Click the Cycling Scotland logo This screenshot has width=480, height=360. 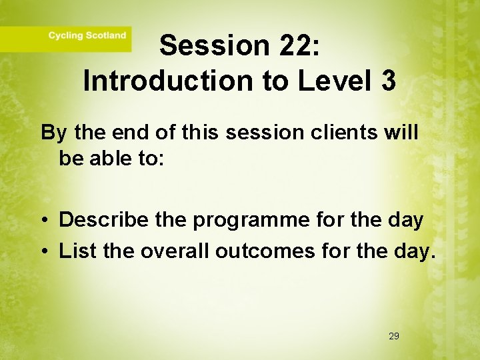click(87, 35)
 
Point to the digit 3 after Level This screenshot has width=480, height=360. click(389, 81)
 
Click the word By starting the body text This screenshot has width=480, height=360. click(54, 133)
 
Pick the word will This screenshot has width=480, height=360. click(401, 132)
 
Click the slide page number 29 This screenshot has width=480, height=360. click(393, 337)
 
